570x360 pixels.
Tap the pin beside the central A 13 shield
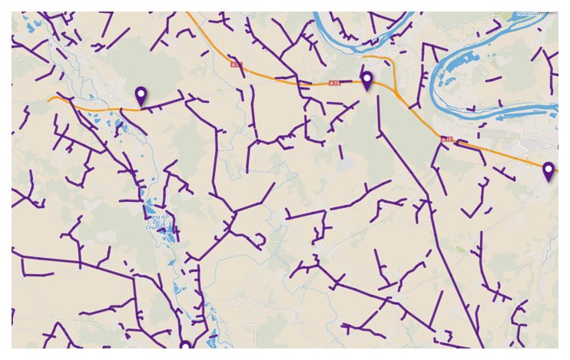367,81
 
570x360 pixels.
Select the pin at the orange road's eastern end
548,172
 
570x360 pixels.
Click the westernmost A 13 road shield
236,66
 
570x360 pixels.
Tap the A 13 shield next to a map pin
334,82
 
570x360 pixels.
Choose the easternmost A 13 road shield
447,139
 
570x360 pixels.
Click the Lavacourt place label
527,14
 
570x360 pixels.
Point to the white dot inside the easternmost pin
548,169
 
